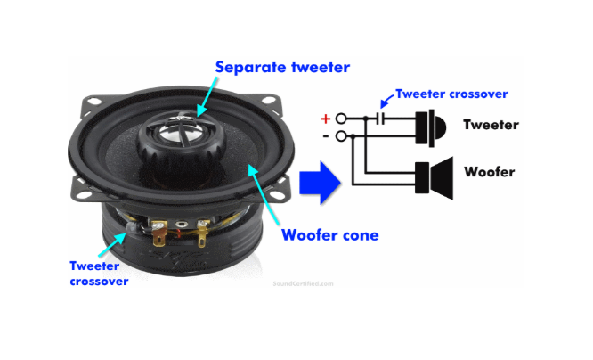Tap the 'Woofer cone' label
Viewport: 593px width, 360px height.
[x=329, y=236]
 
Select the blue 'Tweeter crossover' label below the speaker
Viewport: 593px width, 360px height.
[x=99, y=273]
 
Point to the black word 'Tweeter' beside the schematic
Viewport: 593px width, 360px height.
[x=491, y=125]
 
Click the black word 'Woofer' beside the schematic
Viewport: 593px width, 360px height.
[x=489, y=172]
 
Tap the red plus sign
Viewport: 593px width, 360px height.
[x=325, y=117]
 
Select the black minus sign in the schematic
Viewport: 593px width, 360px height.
[x=325, y=135]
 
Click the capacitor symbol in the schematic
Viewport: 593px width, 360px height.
[x=381, y=117]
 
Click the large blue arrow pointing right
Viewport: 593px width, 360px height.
[x=321, y=184]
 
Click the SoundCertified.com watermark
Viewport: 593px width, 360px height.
[x=304, y=284]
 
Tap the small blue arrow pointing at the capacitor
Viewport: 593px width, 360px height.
[x=385, y=102]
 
